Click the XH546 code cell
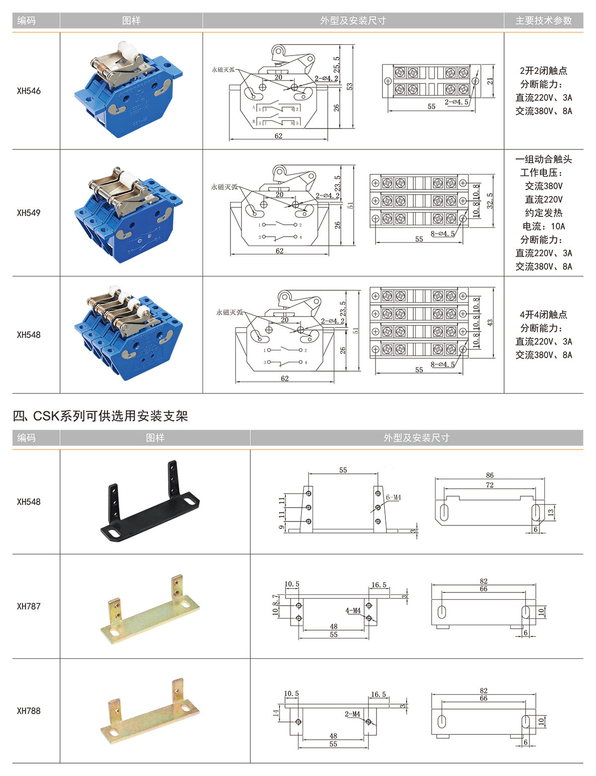[29, 91]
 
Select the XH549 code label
[29, 213]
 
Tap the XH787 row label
[29, 606]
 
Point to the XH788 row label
[29, 711]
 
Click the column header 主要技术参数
[543, 21]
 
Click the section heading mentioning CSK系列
[100, 416]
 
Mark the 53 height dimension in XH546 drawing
[350, 86]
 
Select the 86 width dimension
[490, 475]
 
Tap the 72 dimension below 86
[490, 485]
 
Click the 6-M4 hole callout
[393, 497]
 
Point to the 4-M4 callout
[353, 610]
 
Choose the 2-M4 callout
[353, 714]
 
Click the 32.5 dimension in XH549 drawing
[490, 201]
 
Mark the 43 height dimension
[490, 323]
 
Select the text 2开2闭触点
[543, 71]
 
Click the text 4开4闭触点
[543, 315]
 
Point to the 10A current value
[558, 226]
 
